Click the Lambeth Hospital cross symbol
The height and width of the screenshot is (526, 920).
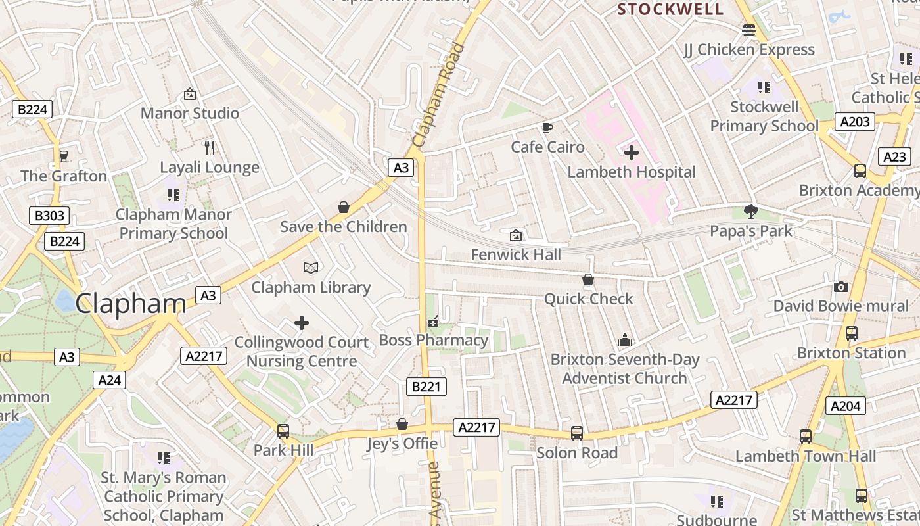631,153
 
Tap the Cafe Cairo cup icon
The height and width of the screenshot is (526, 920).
547,128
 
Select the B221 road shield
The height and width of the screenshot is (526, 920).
426,387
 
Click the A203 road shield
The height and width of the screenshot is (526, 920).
855,121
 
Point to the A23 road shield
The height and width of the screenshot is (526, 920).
894,156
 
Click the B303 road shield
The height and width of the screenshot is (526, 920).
49,216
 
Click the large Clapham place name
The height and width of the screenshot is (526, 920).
131,304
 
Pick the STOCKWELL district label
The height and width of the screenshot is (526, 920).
670,9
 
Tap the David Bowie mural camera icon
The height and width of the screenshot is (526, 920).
840,287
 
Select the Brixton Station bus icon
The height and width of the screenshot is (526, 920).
851,333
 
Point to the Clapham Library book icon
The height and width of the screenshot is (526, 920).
311,268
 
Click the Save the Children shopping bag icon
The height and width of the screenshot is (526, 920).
343,208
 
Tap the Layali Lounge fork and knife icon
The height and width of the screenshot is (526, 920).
210,147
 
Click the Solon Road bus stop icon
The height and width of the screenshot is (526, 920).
577,433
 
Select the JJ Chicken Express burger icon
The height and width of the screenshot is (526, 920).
748,30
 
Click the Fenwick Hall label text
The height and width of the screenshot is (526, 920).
516,254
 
